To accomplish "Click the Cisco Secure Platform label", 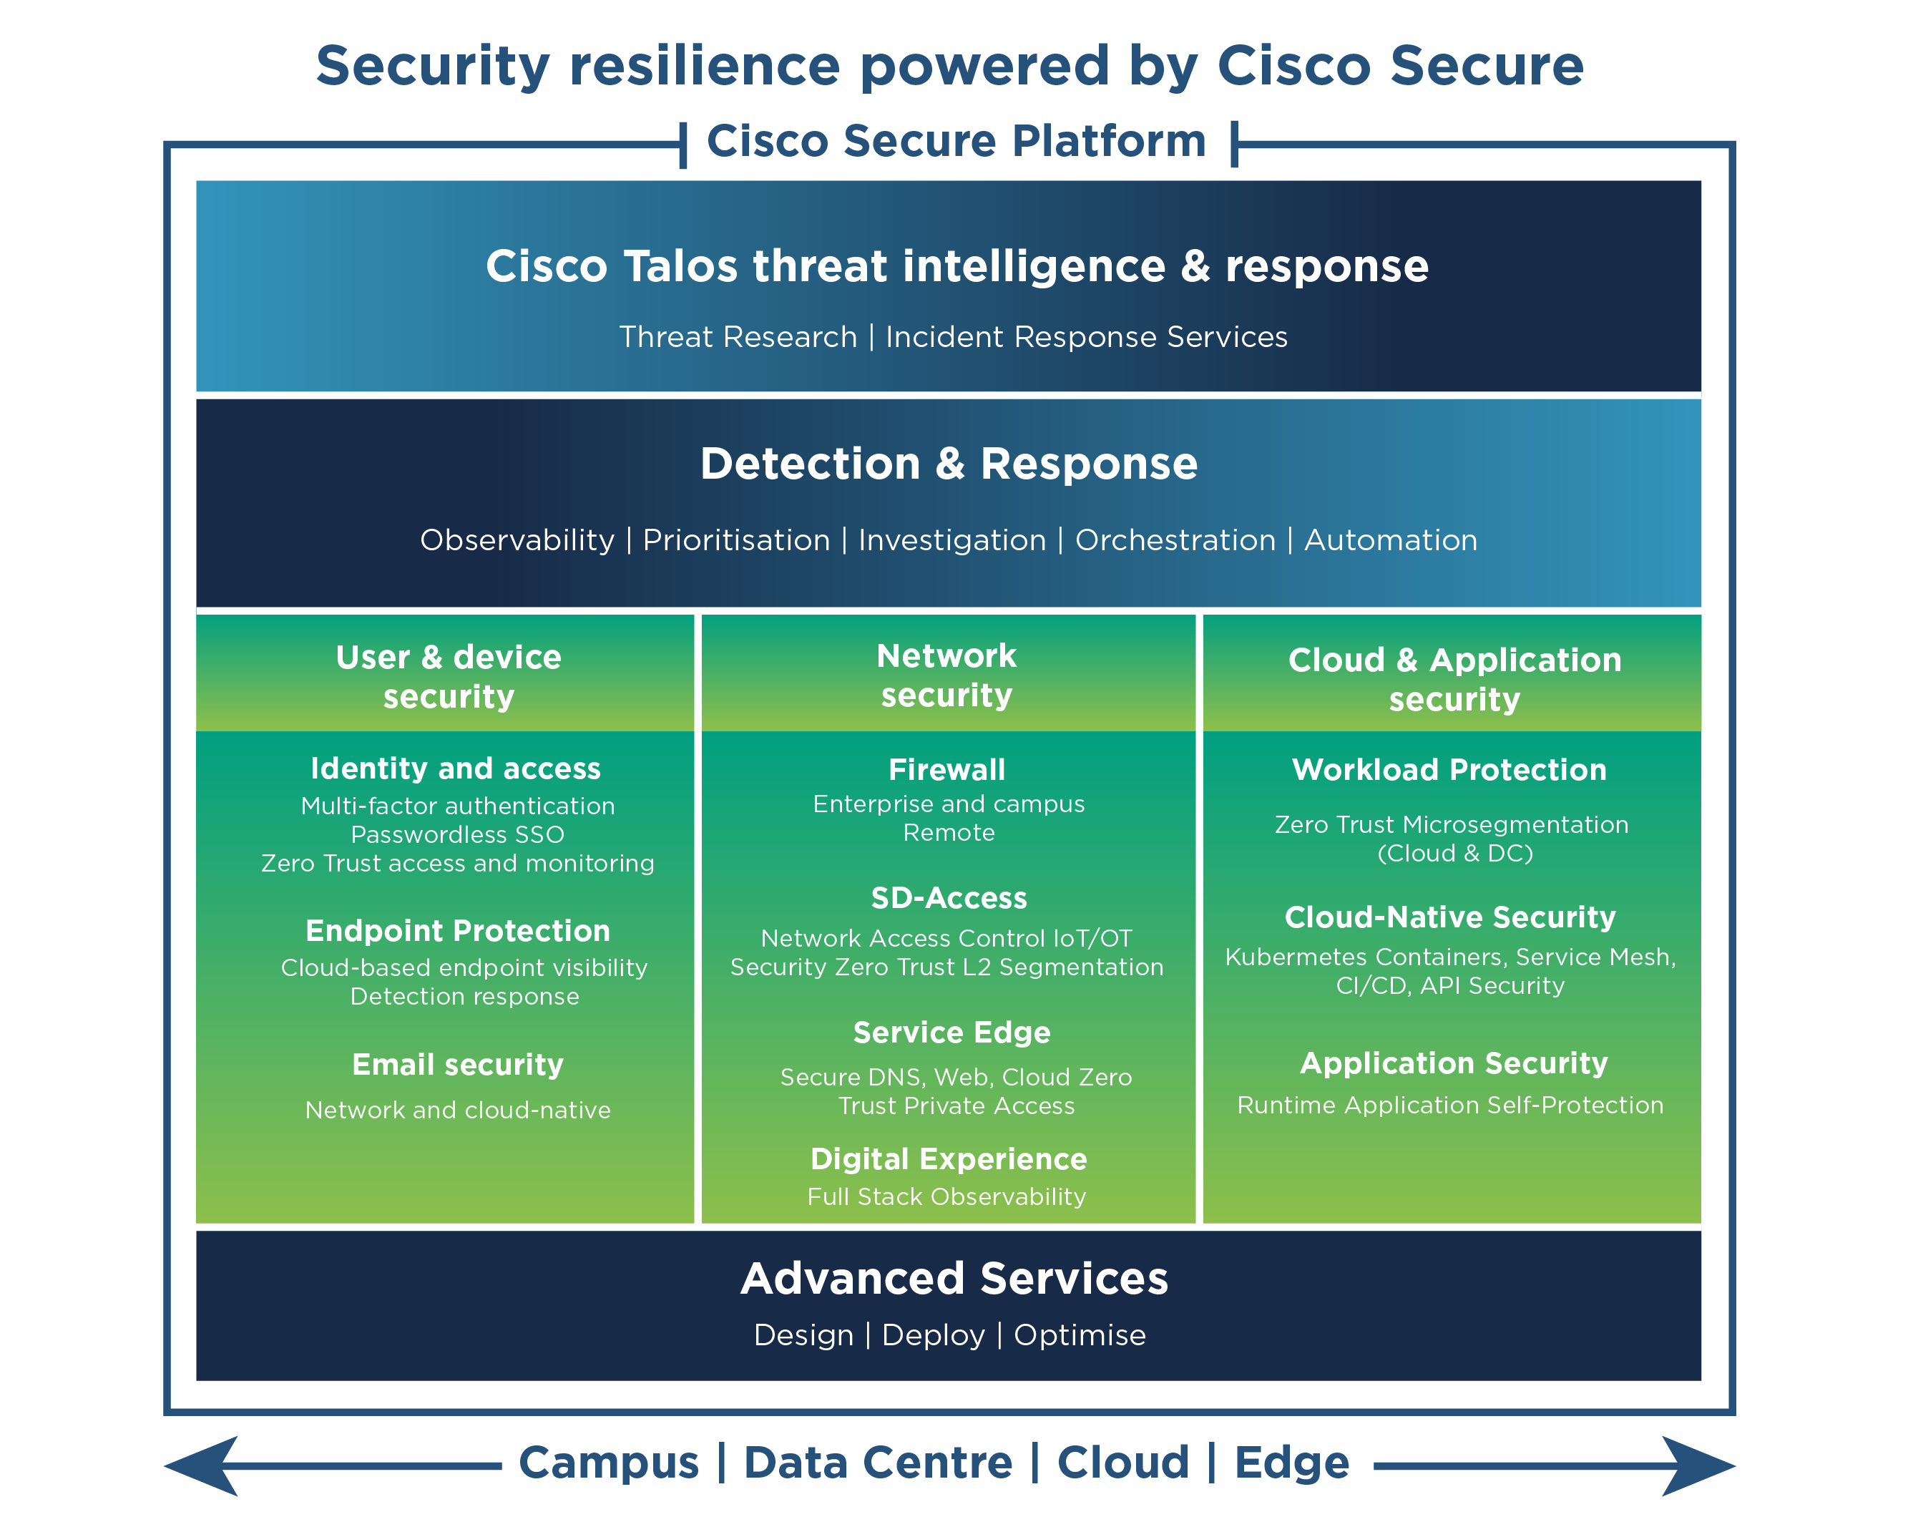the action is (957, 141).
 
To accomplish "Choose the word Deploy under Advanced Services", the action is (933, 1336).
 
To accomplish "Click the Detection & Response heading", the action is (949, 464).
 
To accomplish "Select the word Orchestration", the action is (1175, 540).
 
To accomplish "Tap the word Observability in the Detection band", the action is (517, 540).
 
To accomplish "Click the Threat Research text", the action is (738, 337).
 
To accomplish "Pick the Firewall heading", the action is (947, 770).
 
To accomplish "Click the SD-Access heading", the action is (949, 899).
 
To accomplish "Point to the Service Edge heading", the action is (952, 1033).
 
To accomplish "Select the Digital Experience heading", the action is (949, 1160).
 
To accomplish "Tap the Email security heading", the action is (458, 1065).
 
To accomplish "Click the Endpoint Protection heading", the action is (458, 931).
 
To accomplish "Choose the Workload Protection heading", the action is (1449, 770).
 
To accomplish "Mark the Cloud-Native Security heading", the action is (1450, 918).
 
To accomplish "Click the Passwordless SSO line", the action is (458, 835).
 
